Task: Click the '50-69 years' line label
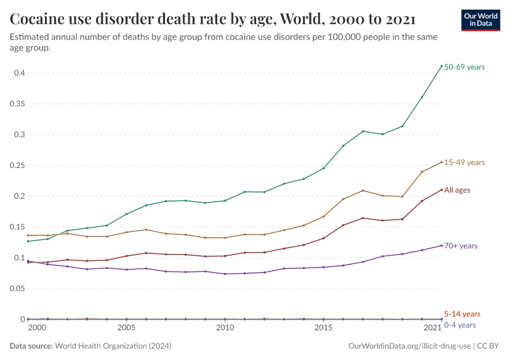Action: point(464,67)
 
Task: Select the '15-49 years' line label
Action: point(464,163)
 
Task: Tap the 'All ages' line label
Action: point(457,190)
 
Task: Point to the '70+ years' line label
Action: point(460,246)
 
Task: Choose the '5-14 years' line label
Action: point(462,314)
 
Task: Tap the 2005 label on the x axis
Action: point(126,328)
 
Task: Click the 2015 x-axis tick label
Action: point(323,328)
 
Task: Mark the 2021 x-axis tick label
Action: point(433,328)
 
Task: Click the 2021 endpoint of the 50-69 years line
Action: point(442,66)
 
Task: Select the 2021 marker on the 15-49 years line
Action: point(442,162)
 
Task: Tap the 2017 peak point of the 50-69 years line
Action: point(363,131)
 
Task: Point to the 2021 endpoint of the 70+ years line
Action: point(442,245)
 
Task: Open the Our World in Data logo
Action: point(480,20)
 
